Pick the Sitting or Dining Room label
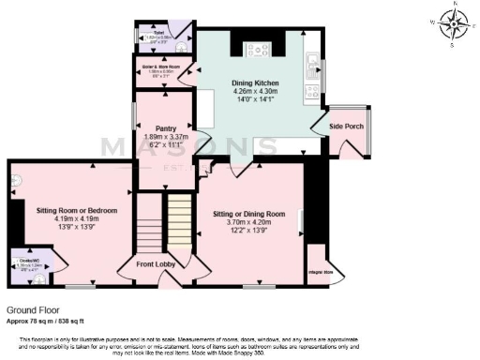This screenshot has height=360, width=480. pos(248,212)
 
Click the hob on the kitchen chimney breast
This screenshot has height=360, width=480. pos(258,50)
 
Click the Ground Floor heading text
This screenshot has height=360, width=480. pos(34,307)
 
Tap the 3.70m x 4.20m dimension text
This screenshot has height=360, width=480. pos(248,221)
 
